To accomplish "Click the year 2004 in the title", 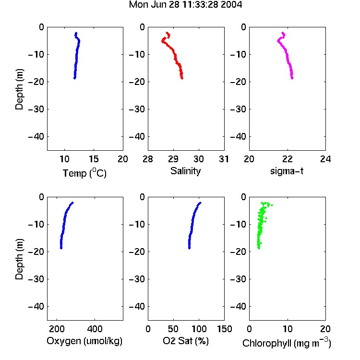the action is tap(231, 5).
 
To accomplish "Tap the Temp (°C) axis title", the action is tap(84, 173).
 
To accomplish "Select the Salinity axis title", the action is tap(185, 171).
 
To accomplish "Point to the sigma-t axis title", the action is tap(287, 171).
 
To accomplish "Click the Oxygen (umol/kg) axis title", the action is tap(84, 341).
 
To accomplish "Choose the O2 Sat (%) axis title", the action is tap(186, 341).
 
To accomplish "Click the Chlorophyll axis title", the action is tap(287, 343).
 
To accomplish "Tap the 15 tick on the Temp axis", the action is tap(94, 159).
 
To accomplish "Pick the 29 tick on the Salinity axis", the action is tap(173, 159).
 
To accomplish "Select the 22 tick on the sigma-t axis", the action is tap(287, 159).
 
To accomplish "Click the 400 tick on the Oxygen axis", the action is tap(95, 329).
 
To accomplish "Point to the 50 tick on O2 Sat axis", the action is tap(173, 329).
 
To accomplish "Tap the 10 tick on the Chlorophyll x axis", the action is tap(287, 329).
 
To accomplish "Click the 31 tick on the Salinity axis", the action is tap(224, 159).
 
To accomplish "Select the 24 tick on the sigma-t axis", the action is tap(325, 159).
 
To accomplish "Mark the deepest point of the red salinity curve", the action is tap(182, 78).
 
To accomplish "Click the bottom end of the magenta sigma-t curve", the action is tap(292, 78).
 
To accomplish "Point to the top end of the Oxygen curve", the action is tap(72, 203).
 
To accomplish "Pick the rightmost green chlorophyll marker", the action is tap(272, 205).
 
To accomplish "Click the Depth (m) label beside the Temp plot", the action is tap(19, 89).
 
